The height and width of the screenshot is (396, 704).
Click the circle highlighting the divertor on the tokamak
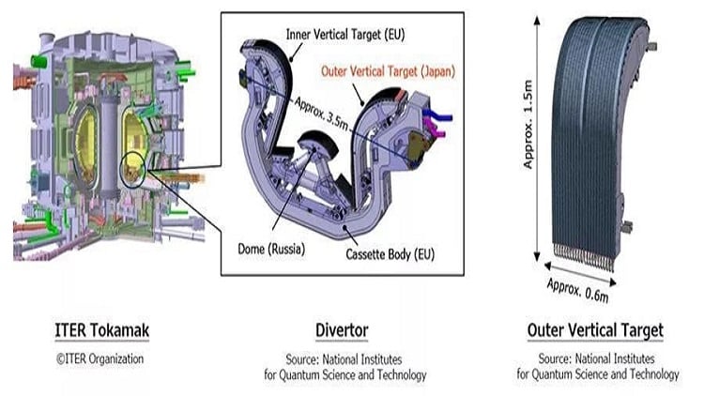click(137, 169)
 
